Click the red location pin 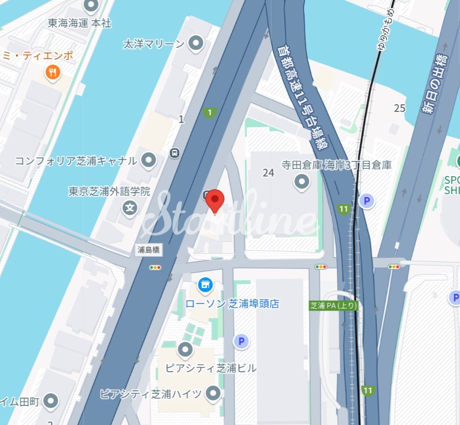point(215,201)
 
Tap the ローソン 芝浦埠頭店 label point(232,304)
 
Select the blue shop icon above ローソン point(205,284)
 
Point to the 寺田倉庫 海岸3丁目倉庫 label point(336,165)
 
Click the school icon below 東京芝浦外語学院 point(130,208)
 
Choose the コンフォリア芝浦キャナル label point(76,161)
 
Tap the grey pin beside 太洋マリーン point(197,44)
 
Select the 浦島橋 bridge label point(149,250)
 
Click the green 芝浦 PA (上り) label point(334,306)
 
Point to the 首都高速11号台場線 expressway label point(303,98)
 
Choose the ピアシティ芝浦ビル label point(211,368)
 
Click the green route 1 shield point(210,113)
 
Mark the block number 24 point(268,173)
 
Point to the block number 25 point(400,108)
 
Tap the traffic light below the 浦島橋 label point(155,268)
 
